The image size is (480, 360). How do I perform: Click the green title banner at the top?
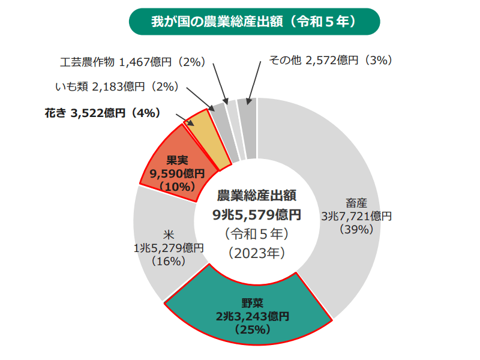254,22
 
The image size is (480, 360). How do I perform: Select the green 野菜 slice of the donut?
247,312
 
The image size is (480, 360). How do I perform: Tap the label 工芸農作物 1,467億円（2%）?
133,61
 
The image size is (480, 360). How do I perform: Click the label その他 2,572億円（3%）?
330,61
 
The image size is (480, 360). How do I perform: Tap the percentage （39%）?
356,229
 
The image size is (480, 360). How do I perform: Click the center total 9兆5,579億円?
256,214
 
